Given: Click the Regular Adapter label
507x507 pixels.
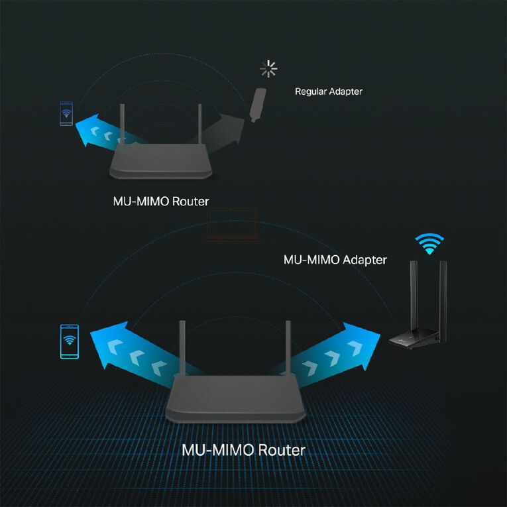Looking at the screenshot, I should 328,91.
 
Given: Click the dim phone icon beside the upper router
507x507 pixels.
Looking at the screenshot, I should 66,113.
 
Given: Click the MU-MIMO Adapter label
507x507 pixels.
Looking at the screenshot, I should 335,259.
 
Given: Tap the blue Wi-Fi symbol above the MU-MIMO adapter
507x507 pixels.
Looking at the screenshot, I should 429,243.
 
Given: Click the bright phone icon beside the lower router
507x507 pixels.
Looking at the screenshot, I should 68,342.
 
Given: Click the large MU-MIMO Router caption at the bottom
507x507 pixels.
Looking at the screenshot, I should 243,450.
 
